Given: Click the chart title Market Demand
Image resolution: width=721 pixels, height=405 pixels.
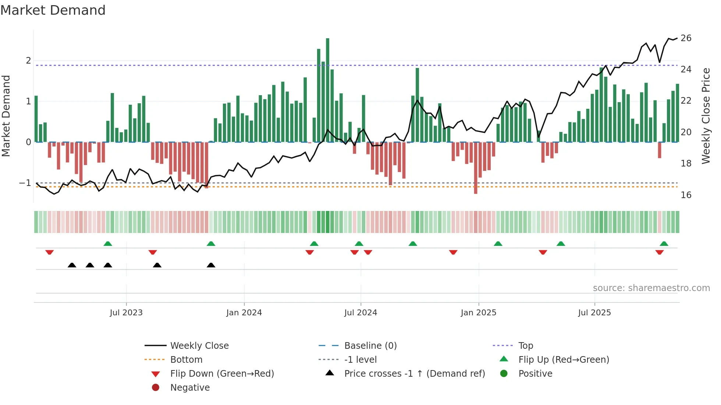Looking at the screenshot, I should [53, 10].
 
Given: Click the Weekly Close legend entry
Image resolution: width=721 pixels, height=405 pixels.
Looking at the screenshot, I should [199, 346].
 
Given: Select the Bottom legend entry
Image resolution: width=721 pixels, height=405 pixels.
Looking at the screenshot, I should [186, 360].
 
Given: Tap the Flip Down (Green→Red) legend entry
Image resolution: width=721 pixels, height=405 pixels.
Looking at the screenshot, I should [222, 374].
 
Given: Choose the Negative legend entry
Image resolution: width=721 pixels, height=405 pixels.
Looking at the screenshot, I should [190, 388].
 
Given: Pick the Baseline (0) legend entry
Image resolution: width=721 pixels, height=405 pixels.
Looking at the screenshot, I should [370, 346].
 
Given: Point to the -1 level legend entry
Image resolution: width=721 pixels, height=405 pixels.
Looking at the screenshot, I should [360, 360].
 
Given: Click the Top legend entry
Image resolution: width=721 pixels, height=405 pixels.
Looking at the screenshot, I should [525, 346].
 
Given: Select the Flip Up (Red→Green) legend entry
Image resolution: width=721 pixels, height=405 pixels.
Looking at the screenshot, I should [564, 360].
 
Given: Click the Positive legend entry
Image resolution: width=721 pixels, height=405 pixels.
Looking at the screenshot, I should [535, 374].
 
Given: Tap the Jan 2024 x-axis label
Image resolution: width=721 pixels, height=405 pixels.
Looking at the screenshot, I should [244, 313].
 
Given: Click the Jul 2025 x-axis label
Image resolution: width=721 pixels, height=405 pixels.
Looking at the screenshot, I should [594, 313].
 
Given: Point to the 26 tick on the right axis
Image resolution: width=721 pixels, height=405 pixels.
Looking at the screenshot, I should [686, 38].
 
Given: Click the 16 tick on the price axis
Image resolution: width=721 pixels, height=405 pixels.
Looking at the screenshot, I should [686, 195].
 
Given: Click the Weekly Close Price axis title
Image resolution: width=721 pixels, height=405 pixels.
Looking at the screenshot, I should [706, 116].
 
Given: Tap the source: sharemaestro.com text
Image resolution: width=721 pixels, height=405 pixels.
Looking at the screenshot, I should [651, 288].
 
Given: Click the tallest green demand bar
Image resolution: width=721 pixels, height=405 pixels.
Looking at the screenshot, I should [327, 90].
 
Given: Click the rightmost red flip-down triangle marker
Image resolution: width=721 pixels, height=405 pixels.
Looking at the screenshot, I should [659, 252].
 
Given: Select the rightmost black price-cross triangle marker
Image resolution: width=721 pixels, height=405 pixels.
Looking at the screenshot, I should [211, 265].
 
